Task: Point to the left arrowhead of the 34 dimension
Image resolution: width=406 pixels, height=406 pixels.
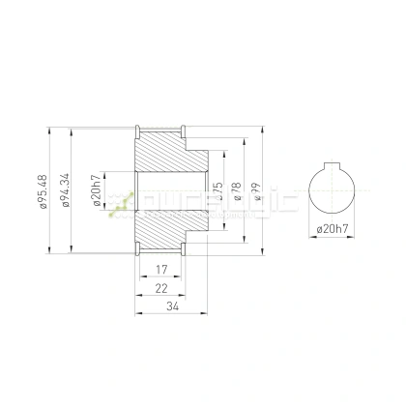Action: point(135,313)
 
